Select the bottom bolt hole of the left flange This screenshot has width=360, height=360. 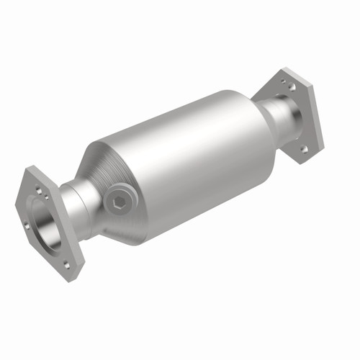[68, 264]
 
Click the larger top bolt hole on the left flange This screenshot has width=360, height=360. [39, 190]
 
